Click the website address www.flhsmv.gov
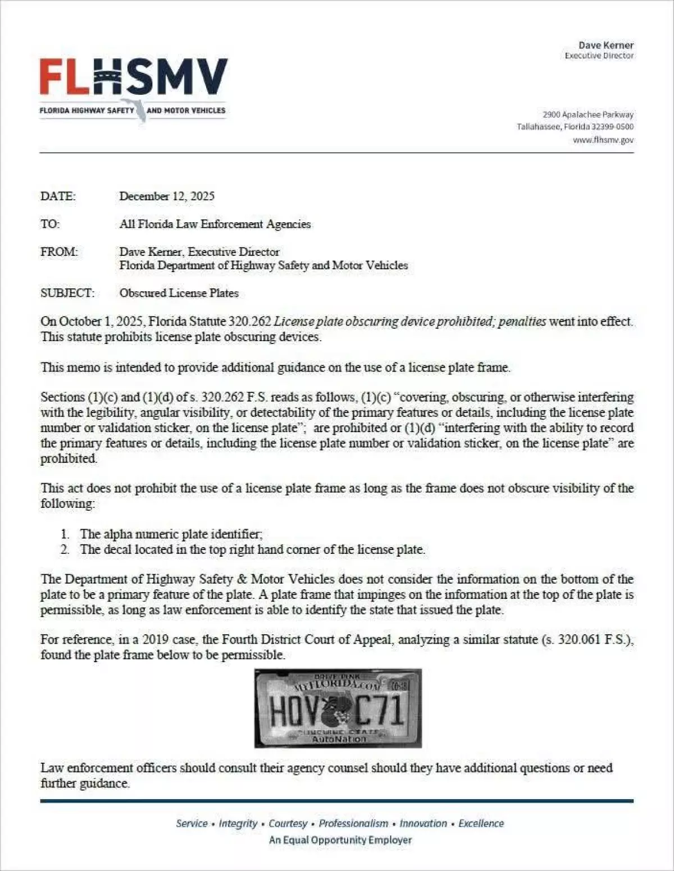click(x=603, y=140)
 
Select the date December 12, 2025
click(x=167, y=196)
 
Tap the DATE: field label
click(x=58, y=196)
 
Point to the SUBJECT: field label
click(x=67, y=293)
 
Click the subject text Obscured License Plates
click(x=179, y=293)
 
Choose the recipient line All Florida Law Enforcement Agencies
click(x=215, y=224)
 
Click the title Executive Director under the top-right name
click(x=599, y=56)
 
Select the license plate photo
click(x=338, y=708)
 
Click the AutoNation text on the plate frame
click(x=339, y=739)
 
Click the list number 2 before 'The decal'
click(x=65, y=549)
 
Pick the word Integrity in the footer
click(x=238, y=823)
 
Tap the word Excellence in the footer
click(x=481, y=823)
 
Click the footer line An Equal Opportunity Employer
click(x=340, y=840)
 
